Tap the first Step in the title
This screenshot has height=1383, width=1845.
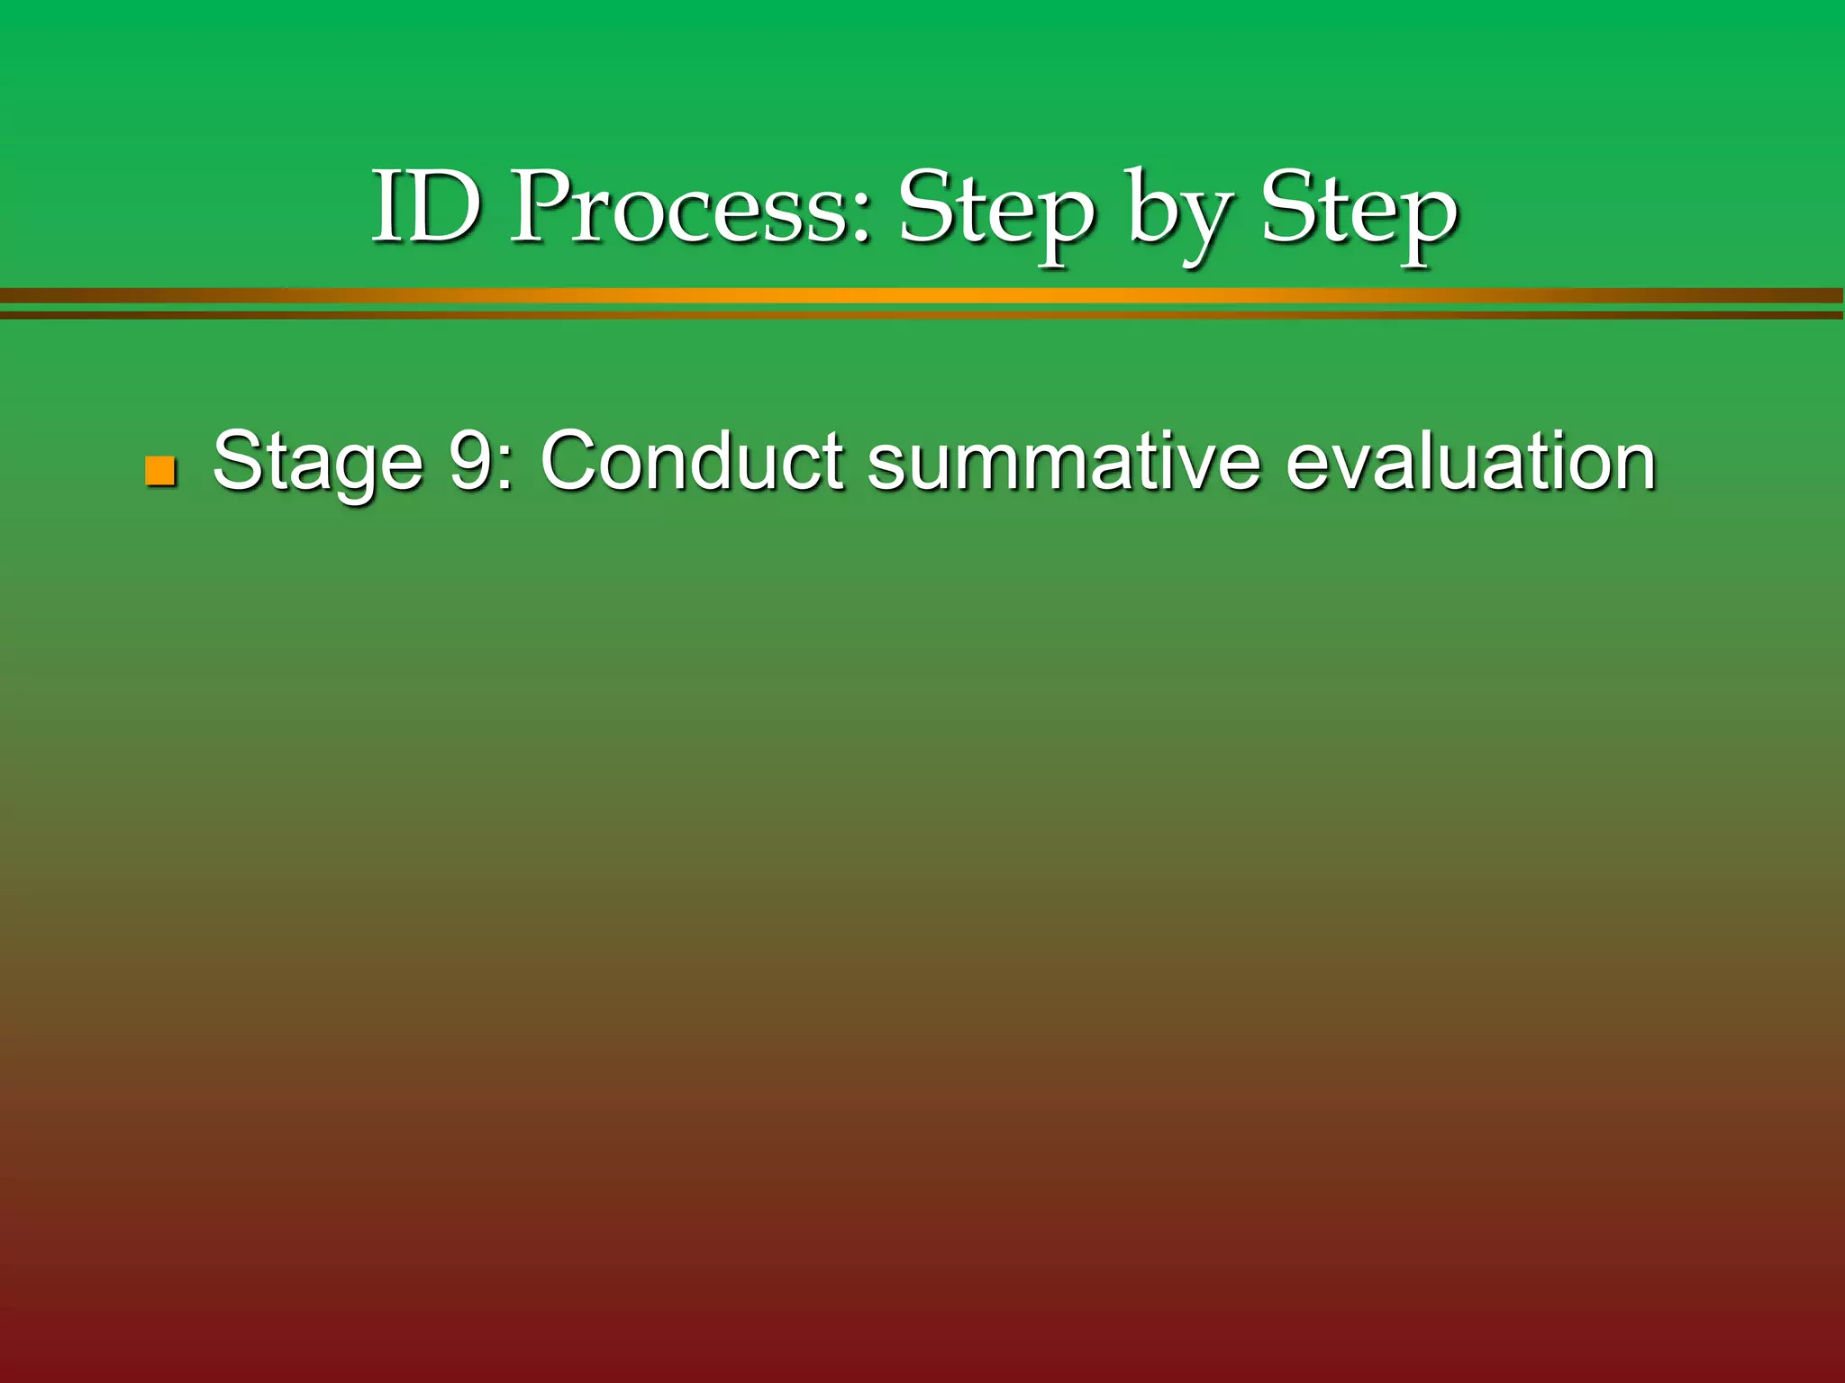pyautogui.click(x=996, y=212)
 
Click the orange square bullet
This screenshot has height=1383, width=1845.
pyautogui.click(x=159, y=471)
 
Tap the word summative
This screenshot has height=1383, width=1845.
pyautogui.click(x=1064, y=460)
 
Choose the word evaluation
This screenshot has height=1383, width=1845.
pyautogui.click(x=1470, y=460)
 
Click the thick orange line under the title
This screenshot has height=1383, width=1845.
pyautogui.click(x=922, y=295)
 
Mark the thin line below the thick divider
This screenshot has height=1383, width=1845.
pyautogui.click(x=922, y=315)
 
